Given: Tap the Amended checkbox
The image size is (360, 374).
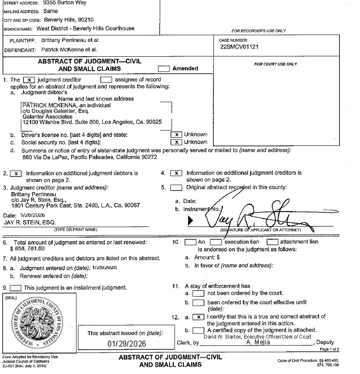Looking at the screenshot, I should coord(164,68).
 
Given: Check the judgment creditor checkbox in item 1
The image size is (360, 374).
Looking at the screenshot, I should coord(28,80).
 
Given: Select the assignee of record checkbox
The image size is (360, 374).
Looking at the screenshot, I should coord(106,80).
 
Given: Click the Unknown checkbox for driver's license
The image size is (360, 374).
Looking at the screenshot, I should coord(176,135).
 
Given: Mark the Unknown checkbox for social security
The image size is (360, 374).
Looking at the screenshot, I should coord(176,142).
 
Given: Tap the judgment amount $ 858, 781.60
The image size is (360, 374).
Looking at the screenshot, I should coord(27,248).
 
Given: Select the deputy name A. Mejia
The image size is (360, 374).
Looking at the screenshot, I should coord(258,342).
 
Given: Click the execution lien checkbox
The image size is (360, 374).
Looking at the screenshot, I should coord(216,242).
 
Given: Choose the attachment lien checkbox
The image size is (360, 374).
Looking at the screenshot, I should coord(272,242).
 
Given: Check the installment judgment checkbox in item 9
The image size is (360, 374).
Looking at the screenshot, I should coord(15,288).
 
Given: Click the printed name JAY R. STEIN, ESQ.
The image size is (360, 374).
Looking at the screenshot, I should coord(29,222).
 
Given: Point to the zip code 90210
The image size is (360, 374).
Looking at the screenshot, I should coord(85,20).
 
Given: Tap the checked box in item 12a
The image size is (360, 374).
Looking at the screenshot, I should coord(198,317).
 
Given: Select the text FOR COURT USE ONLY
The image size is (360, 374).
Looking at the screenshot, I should coord(276,64).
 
